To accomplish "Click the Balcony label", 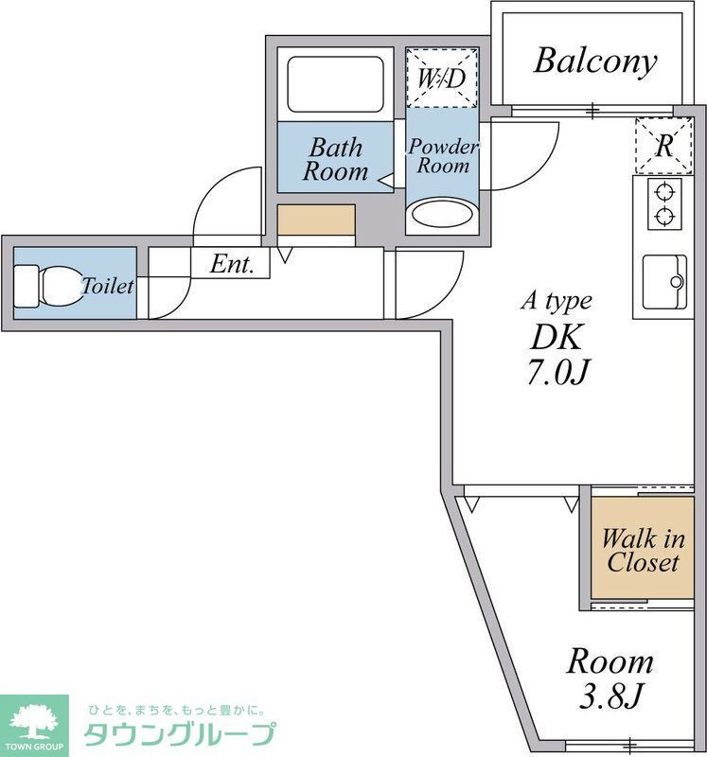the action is point(595,62).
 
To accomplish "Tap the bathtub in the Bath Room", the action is point(336,84).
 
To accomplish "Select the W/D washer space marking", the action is point(442,78).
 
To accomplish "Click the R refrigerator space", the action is point(664,146).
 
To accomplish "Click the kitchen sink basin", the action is point(664,281).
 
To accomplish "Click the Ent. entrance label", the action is point(232,264).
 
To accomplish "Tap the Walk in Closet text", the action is point(643,551).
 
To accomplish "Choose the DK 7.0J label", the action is point(557,354).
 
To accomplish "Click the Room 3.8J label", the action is point(610,678).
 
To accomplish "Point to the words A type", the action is point(557,301).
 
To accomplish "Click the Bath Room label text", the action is point(336,159).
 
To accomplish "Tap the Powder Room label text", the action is point(443,156).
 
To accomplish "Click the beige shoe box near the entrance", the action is point(316,220).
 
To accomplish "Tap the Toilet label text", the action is point(107,286).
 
